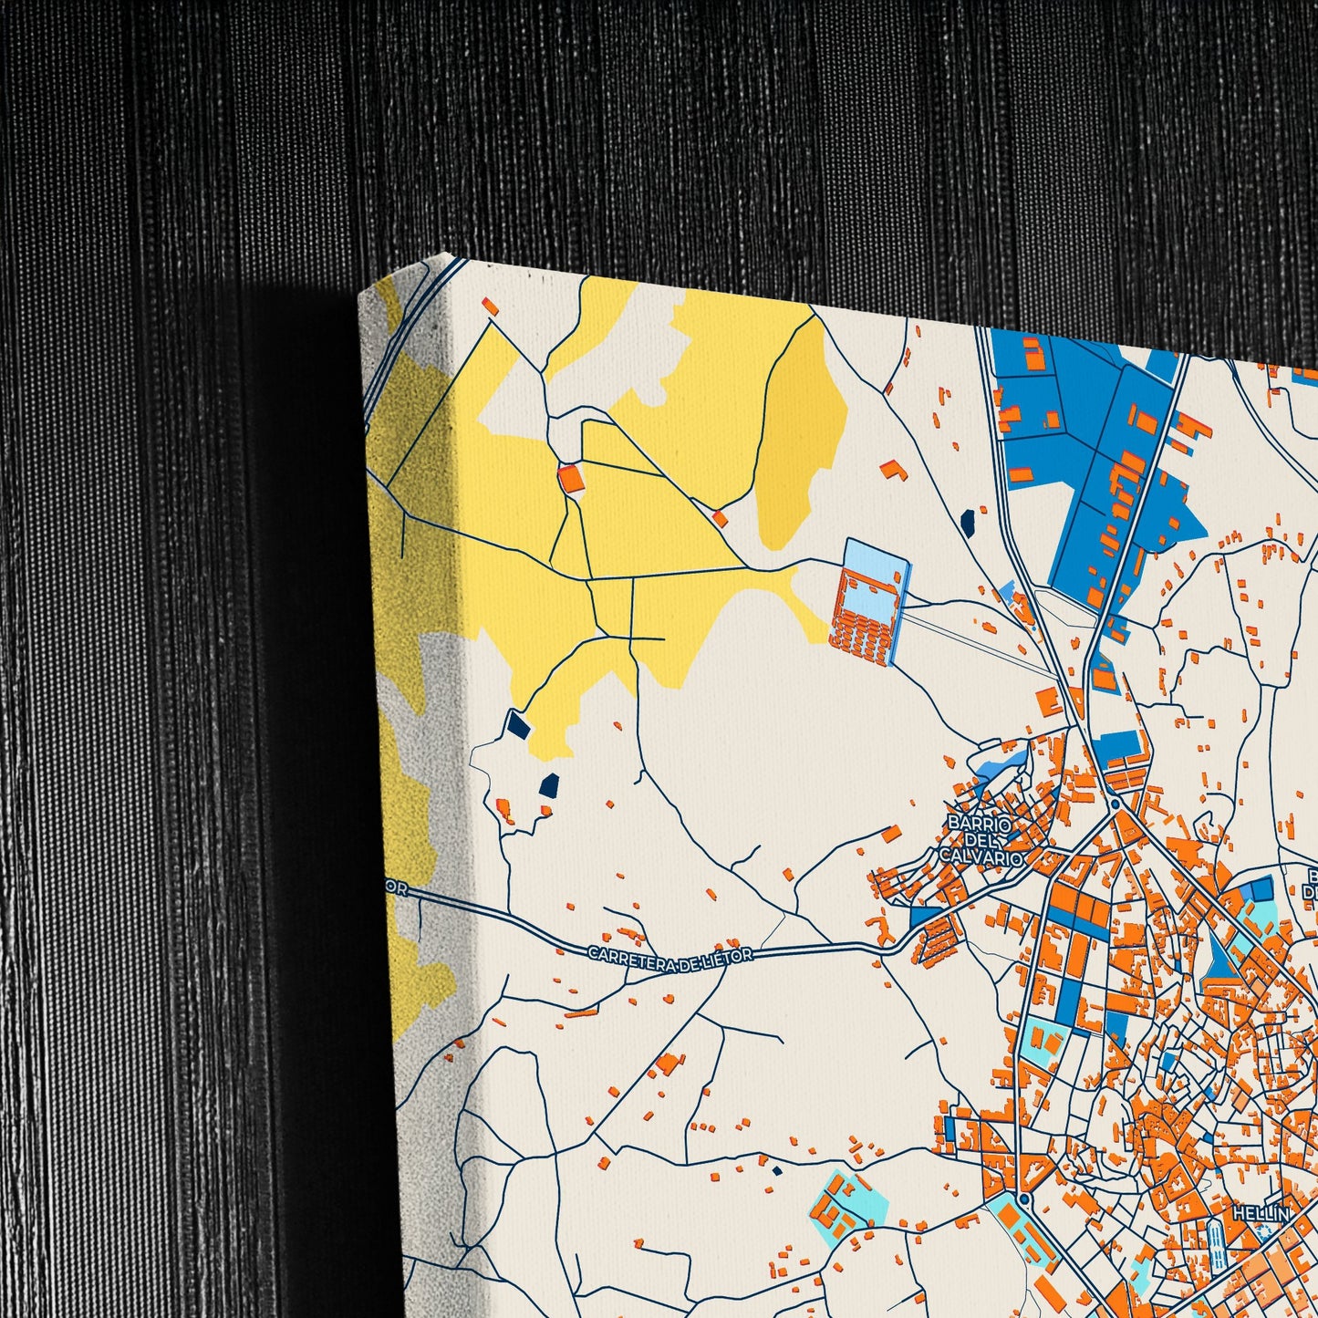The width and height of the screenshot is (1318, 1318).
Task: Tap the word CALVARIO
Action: click(981, 857)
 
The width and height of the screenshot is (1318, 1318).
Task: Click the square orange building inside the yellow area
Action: click(571, 478)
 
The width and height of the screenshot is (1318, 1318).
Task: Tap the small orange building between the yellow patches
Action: click(721, 519)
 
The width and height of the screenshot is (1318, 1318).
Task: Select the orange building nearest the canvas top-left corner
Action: click(490, 306)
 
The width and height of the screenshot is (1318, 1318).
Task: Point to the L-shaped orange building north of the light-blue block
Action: click(895, 470)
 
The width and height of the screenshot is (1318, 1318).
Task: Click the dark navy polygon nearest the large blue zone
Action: click(968, 521)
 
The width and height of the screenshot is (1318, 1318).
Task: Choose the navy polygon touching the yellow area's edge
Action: click(518, 725)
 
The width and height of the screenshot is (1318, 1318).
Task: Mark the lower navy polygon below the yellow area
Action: click(549, 785)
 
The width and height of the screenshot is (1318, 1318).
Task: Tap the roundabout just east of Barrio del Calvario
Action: click(1116, 804)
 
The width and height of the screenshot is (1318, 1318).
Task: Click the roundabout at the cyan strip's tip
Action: click(1024, 1197)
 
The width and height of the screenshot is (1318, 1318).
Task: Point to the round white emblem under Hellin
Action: click(1262, 1232)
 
